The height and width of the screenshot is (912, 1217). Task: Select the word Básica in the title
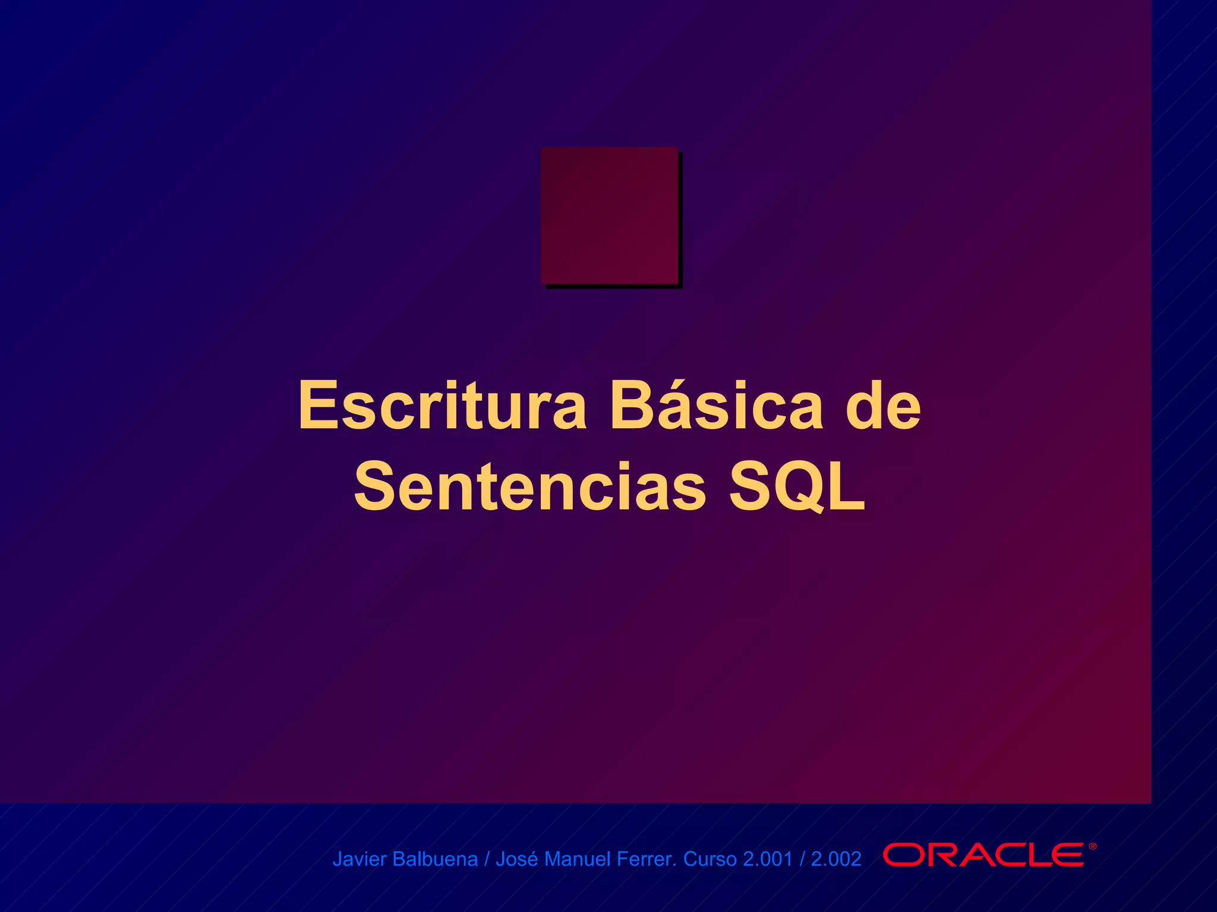pyautogui.click(x=717, y=405)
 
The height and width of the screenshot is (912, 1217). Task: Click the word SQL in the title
pyautogui.click(x=797, y=487)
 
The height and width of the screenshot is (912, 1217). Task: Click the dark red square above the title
pyautogui.click(x=609, y=215)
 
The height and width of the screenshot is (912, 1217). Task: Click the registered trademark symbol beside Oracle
pyautogui.click(x=1092, y=847)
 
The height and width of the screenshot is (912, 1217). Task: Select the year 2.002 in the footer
pyautogui.click(x=836, y=859)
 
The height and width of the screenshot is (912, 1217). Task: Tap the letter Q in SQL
pyautogui.click(x=798, y=487)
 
